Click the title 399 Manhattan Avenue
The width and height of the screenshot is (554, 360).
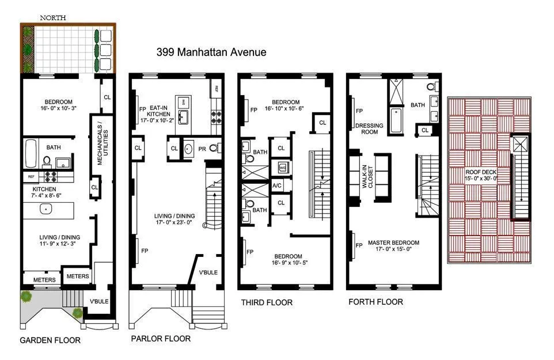(x=211, y=52)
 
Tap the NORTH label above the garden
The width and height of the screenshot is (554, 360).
(x=52, y=18)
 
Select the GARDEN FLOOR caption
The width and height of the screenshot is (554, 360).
(x=51, y=340)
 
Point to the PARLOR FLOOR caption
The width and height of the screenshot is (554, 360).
(x=161, y=339)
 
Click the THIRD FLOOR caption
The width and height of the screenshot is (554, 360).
(x=267, y=302)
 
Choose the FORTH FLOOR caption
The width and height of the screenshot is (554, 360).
(x=376, y=302)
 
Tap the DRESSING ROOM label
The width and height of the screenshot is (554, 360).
(x=366, y=127)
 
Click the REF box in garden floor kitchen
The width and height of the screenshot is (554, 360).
(x=31, y=177)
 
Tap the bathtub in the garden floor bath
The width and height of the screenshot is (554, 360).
(x=31, y=154)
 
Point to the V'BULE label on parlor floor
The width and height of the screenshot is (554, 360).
(x=208, y=272)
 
